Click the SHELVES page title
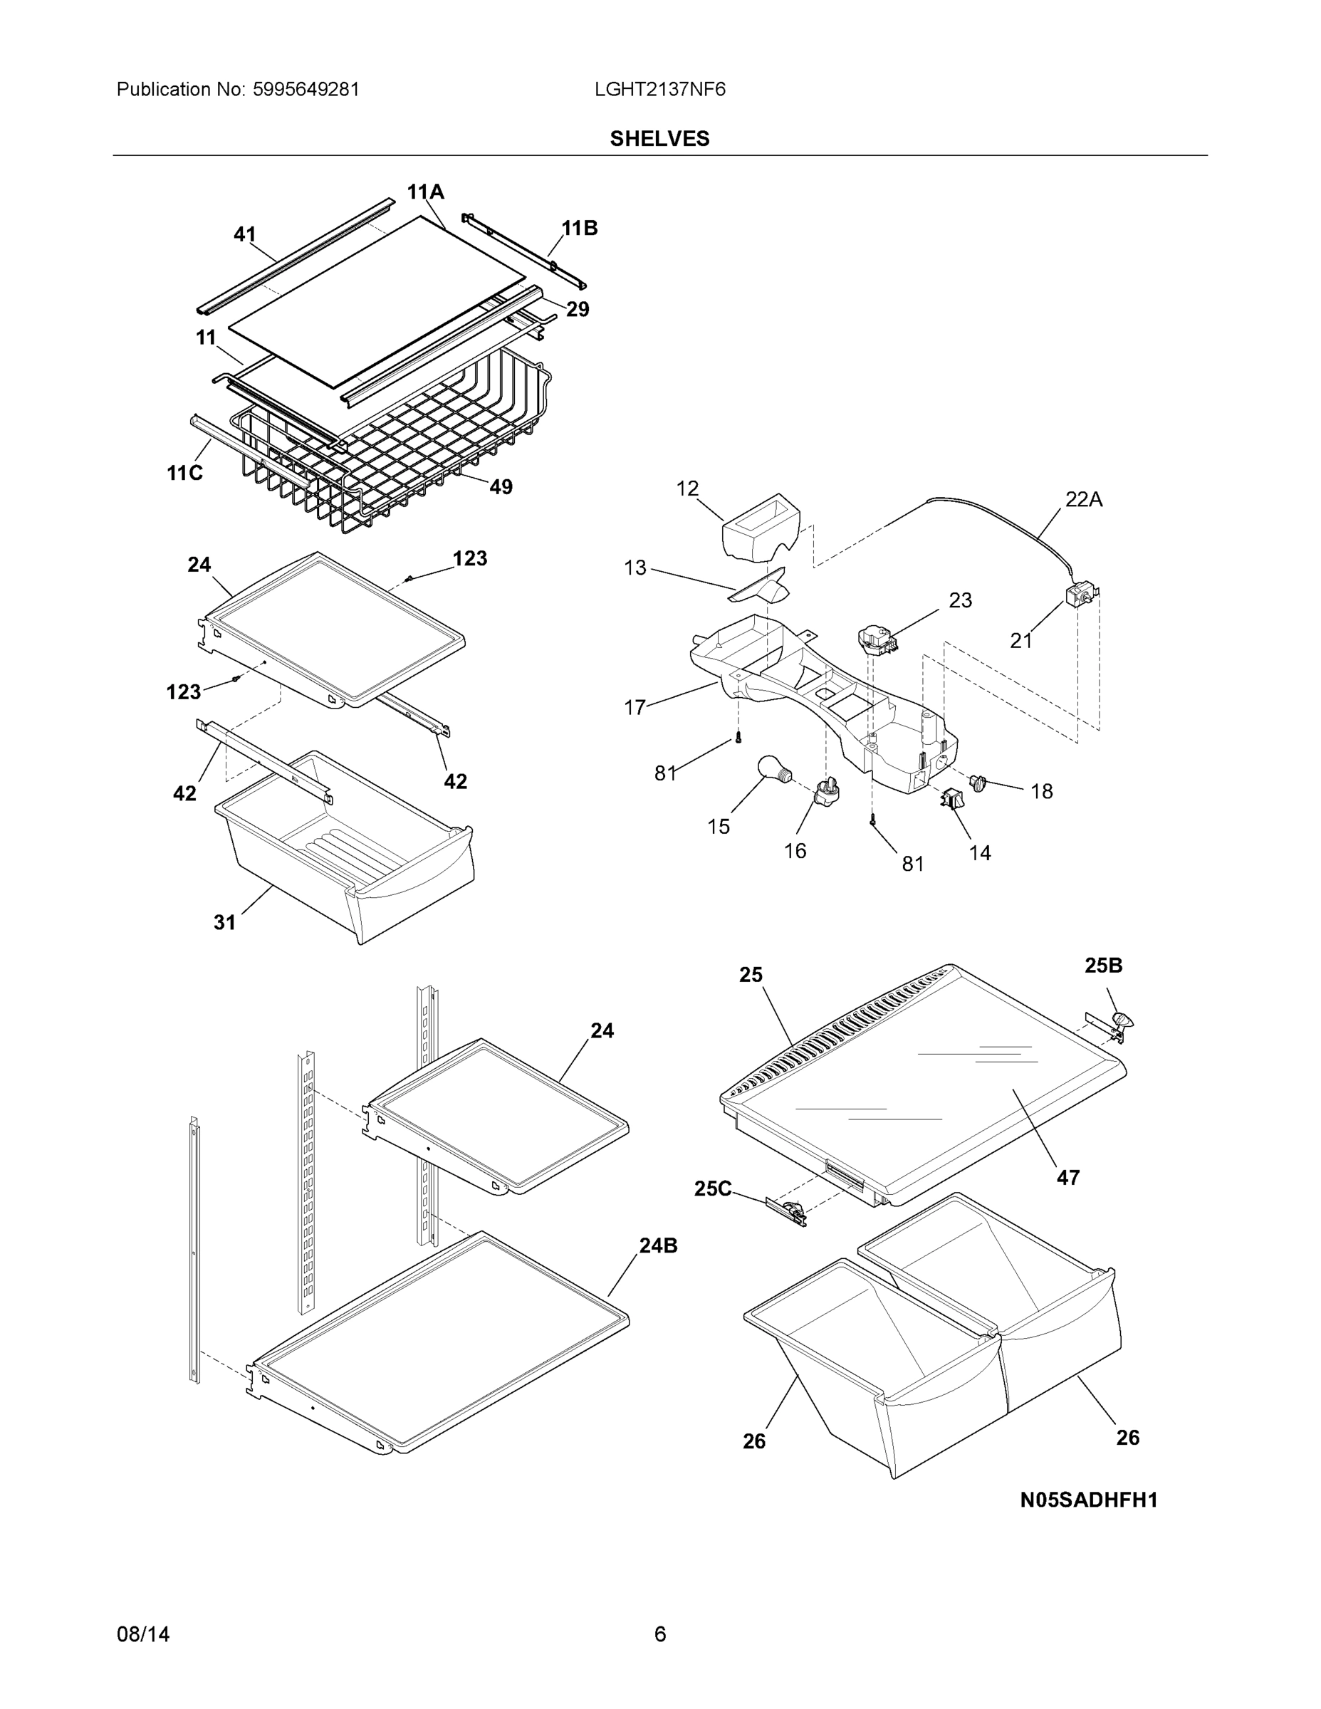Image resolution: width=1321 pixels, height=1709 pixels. point(659,139)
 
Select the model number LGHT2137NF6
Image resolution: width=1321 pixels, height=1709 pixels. point(659,89)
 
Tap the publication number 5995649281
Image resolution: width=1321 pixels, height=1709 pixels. point(306,89)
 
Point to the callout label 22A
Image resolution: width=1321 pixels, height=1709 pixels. point(1083,499)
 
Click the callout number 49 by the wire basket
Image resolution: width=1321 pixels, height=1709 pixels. point(500,487)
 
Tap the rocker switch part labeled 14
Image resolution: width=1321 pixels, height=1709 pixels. point(951,800)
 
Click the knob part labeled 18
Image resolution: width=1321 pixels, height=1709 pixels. point(978,781)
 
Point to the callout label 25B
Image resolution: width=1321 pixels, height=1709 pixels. point(1102,966)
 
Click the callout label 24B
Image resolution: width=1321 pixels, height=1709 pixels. point(658,1245)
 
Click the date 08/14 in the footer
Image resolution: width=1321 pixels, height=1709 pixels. point(143,1634)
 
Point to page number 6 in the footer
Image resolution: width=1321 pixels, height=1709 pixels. point(659,1634)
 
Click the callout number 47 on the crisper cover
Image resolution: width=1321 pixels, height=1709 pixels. point(1067,1177)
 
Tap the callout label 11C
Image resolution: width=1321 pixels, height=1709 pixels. point(184,473)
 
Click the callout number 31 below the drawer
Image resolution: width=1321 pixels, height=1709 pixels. point(224,923)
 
